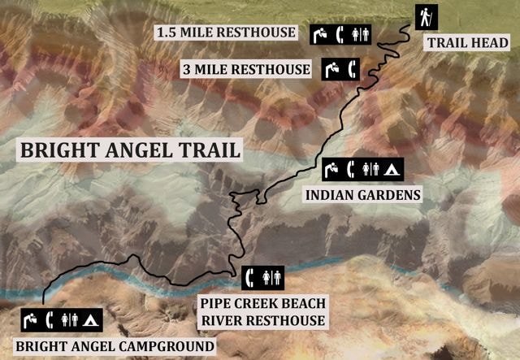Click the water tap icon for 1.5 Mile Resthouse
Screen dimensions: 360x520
(323, 35)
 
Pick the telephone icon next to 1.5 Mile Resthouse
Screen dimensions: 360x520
(341, 35)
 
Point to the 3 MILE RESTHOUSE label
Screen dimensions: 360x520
(245, 69)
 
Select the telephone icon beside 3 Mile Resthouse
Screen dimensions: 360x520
(351, 69)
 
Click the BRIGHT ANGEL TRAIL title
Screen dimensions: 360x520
(130, 150)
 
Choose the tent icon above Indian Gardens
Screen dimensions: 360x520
(391, 170)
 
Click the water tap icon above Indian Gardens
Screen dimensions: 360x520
(332, 170)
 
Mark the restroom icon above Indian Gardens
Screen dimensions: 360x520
(371, 170)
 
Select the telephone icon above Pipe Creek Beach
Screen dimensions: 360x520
(253, 277)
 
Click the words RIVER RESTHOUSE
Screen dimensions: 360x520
(262, 320)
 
